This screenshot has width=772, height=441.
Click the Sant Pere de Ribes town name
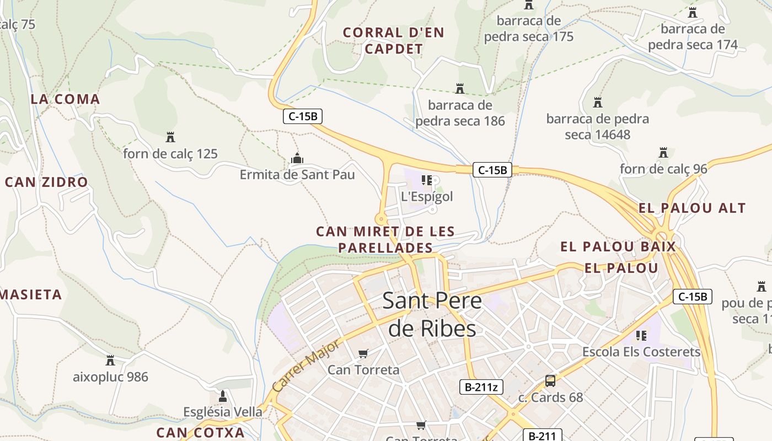[432, 315]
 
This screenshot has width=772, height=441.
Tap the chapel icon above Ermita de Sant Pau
[297, 159]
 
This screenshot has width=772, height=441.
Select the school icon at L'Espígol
[426, 180]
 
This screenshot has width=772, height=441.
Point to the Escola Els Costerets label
[641, 352]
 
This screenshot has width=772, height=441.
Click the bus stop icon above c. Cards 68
[550, 380]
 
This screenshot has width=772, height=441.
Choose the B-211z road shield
[481, 387]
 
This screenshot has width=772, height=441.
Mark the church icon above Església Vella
[223, 396]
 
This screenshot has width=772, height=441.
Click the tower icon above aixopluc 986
[110, 361]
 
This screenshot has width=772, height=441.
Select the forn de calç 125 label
[170, 154]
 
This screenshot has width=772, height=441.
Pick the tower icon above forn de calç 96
[663, 152]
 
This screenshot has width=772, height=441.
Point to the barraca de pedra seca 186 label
[460, 113]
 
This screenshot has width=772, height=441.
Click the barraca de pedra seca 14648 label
[598, 126]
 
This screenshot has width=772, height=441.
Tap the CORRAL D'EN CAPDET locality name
[394, 41]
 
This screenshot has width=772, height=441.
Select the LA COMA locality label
[65, 99]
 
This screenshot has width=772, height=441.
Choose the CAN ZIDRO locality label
[46, 182]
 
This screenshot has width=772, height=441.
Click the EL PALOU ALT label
[692, 208]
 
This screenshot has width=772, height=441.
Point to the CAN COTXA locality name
[200, 432]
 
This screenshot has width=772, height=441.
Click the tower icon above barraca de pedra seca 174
[693, 12]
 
